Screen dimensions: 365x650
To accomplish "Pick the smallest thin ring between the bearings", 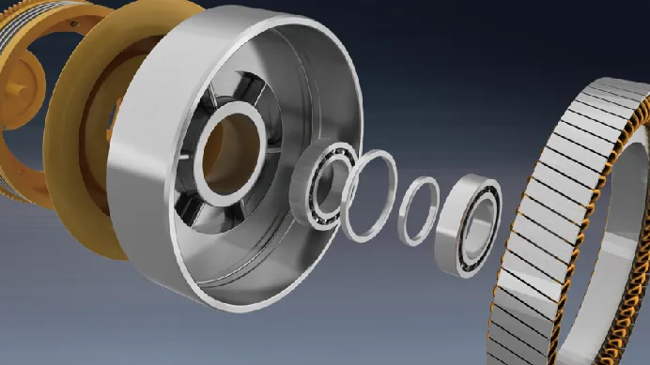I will point(420,212).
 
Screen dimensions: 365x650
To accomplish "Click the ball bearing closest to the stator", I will point(469,225).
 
